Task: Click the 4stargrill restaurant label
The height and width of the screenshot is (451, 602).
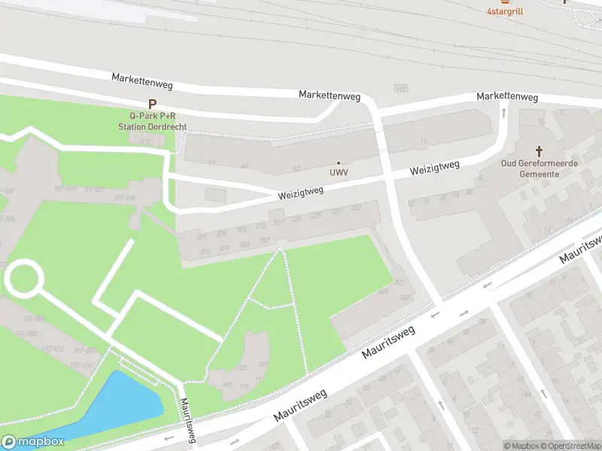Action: coord(505,11)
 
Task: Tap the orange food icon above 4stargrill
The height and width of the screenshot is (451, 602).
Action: coord(505,2)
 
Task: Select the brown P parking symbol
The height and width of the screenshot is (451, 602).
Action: coord(152,104)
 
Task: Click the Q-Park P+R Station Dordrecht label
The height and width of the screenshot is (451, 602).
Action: coord(152,122)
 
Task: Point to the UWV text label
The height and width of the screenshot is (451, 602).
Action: coord(338,172)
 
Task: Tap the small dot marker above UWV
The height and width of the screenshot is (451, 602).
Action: coord(338,162)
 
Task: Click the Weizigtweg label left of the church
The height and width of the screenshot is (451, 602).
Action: coord(434,167)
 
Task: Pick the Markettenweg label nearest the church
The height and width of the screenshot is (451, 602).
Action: coord(507,97)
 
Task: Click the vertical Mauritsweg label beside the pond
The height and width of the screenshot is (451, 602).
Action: coord(187,421)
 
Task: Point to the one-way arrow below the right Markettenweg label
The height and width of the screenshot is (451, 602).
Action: coord(503,113)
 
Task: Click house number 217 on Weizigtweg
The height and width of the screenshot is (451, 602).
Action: coord(278,222)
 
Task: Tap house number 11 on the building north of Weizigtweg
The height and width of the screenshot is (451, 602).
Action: coord(424,141)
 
